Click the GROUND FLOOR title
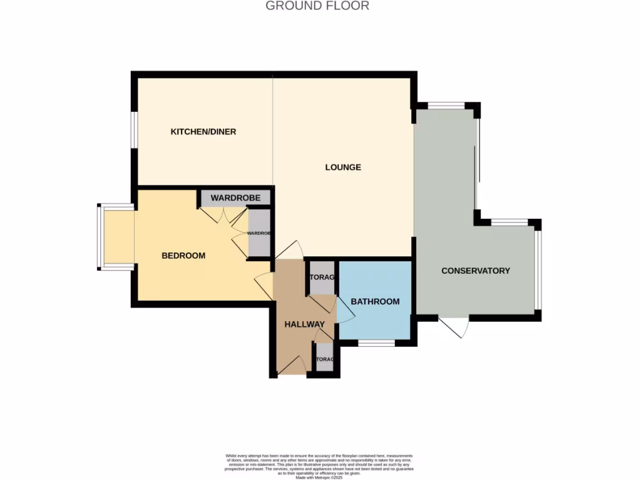(x=317, y=6)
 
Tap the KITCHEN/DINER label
(x=203, y=132)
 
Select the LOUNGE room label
(x=343, y=167)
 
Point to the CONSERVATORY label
(x=475, y=271)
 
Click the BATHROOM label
(x=374, y=302)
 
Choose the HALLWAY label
(x=304, y=324)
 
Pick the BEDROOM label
(x=183, y=256)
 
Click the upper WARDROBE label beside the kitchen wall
(x=235, y=198)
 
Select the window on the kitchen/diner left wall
(x=133, y=130)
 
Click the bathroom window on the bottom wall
(x=376, y=342)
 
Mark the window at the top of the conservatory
(x=446, y=105)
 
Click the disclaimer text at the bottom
(x=319, y=465)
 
